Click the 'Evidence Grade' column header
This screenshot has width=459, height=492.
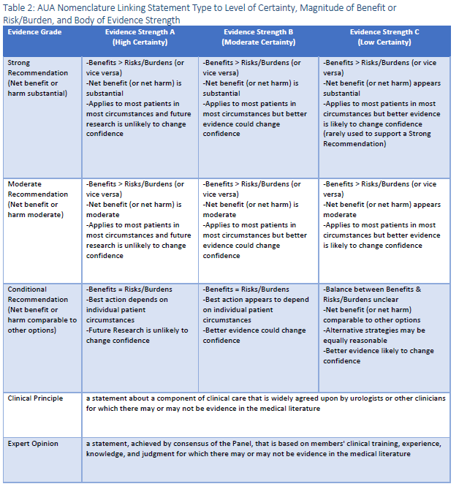point(34,32)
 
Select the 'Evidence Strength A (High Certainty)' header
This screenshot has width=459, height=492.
point(138,37)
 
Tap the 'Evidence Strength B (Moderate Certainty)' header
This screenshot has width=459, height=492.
point(259,37)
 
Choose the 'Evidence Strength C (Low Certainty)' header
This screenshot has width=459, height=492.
point(384,37)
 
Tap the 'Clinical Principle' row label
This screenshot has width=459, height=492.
point(35,398)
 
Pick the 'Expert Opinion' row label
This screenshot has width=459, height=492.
point(33,444)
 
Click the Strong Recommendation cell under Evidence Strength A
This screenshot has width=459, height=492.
point(139,98)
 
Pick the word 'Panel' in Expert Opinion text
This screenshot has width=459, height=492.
point(242,444)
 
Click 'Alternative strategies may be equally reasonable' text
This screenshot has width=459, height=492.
point(373,336)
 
